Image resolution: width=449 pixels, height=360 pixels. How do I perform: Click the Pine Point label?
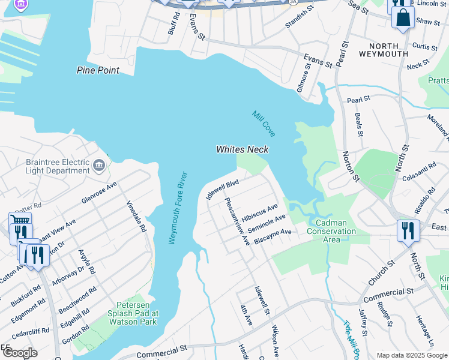[x=98, y=70]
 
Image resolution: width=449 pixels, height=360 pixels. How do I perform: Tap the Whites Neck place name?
[x=242, y=149]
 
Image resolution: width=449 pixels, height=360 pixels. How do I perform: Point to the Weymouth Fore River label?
[x=178, y=208]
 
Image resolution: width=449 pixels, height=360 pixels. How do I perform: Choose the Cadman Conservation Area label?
[x=331, y=231]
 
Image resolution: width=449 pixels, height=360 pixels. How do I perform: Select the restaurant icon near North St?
[x=408, y=230]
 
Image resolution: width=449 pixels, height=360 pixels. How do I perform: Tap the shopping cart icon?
[x=20, y=226]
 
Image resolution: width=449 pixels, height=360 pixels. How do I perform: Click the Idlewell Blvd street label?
[x=222, y=188]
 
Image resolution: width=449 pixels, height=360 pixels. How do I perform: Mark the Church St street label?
[x=381, y=272]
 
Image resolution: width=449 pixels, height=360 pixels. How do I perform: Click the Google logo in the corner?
[x=19, y=352]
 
